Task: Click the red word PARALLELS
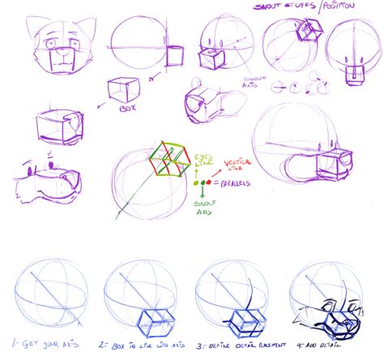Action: pyautogui.click(x=237, y=184)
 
